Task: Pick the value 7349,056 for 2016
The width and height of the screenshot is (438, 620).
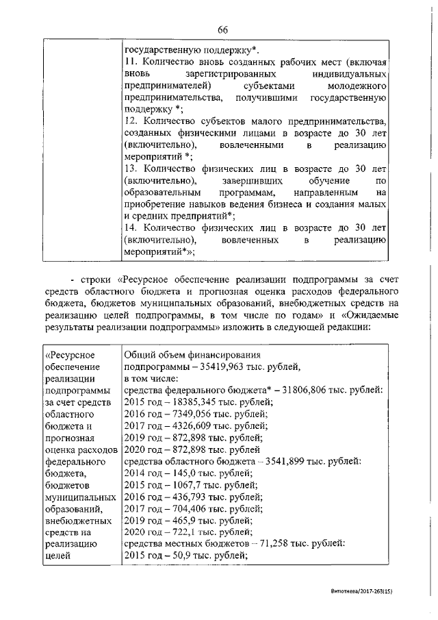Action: point(183,413)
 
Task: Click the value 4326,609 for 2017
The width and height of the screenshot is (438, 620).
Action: point(183,425)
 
